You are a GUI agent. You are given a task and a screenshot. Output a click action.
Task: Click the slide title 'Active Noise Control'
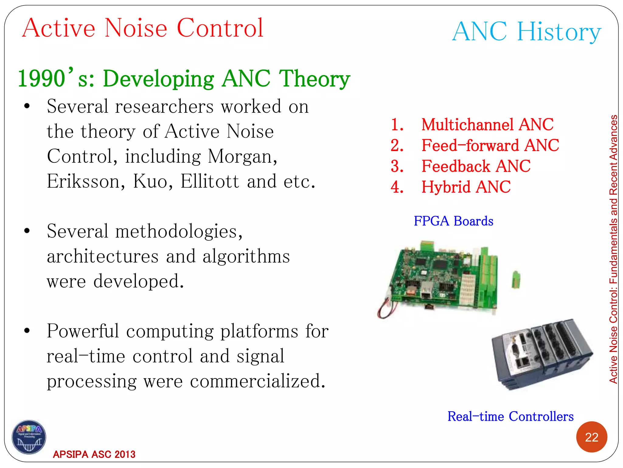(x=143, y=28)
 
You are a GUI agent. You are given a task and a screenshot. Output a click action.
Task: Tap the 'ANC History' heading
(x=527, y=32)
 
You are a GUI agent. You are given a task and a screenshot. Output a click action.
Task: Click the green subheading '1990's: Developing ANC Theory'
(x=184, y=79)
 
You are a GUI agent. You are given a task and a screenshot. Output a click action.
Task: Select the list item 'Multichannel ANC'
(x=487, y=125)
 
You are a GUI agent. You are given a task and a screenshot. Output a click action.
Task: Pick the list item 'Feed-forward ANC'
(x=490, y=145)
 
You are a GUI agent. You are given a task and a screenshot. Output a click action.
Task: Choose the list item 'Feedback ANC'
(x=476, y=166)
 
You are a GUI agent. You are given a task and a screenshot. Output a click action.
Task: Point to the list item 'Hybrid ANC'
(x=466, y=187)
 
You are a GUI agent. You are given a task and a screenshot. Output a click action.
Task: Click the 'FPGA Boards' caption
(x=453, y=221)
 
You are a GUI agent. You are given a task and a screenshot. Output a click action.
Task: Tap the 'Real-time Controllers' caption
(x=510, y=416)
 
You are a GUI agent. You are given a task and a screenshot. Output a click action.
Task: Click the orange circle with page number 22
(x=591, y=437)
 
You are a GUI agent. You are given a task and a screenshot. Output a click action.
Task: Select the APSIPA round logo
(x=29, y=437)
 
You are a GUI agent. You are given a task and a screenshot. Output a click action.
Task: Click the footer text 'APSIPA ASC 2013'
(x=94, y=454)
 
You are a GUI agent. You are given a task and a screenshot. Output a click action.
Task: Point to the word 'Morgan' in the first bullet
(x=242, y=157)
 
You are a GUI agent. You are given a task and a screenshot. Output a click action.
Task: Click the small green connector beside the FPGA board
(x=516, y=279)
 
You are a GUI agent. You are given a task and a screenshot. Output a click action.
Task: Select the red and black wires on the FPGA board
(x=385, y=309)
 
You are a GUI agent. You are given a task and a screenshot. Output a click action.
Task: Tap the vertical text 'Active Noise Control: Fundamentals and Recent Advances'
(x=613, y=249)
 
